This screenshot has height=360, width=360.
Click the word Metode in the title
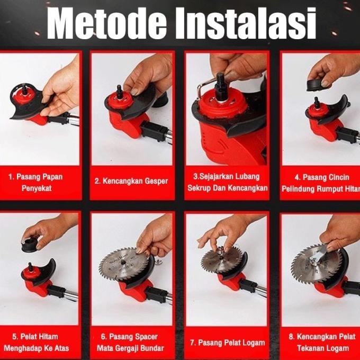click(107, 23)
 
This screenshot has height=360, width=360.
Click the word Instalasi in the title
click(246, 23)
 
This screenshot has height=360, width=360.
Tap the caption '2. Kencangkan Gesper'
click(131, 181)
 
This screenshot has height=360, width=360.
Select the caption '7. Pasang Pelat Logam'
click(227, 343)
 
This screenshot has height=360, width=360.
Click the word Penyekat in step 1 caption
click(37, 188)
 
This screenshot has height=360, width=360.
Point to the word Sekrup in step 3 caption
click(199, 188)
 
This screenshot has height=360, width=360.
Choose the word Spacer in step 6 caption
click(146, 337)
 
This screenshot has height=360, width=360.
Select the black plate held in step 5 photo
click(30, 244)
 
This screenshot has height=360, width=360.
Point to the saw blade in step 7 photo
click(222, 259)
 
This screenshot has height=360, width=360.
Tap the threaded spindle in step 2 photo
click(120, 91)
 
